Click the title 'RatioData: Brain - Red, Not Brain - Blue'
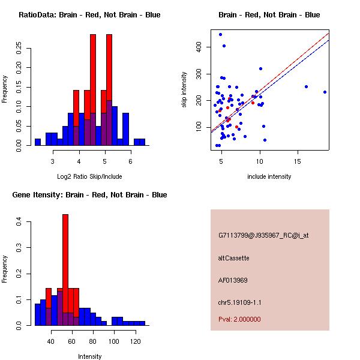89,15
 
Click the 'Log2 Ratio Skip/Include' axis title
89,176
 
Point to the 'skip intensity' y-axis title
185,89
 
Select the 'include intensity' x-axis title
269,176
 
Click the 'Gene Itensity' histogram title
89,195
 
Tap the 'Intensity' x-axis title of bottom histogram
89,356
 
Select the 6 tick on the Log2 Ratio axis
130,160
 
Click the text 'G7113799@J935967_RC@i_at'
263,236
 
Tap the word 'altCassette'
233,258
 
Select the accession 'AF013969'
233,280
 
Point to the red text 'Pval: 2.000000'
243,320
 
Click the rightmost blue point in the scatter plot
325,92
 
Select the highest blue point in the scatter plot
220,34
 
